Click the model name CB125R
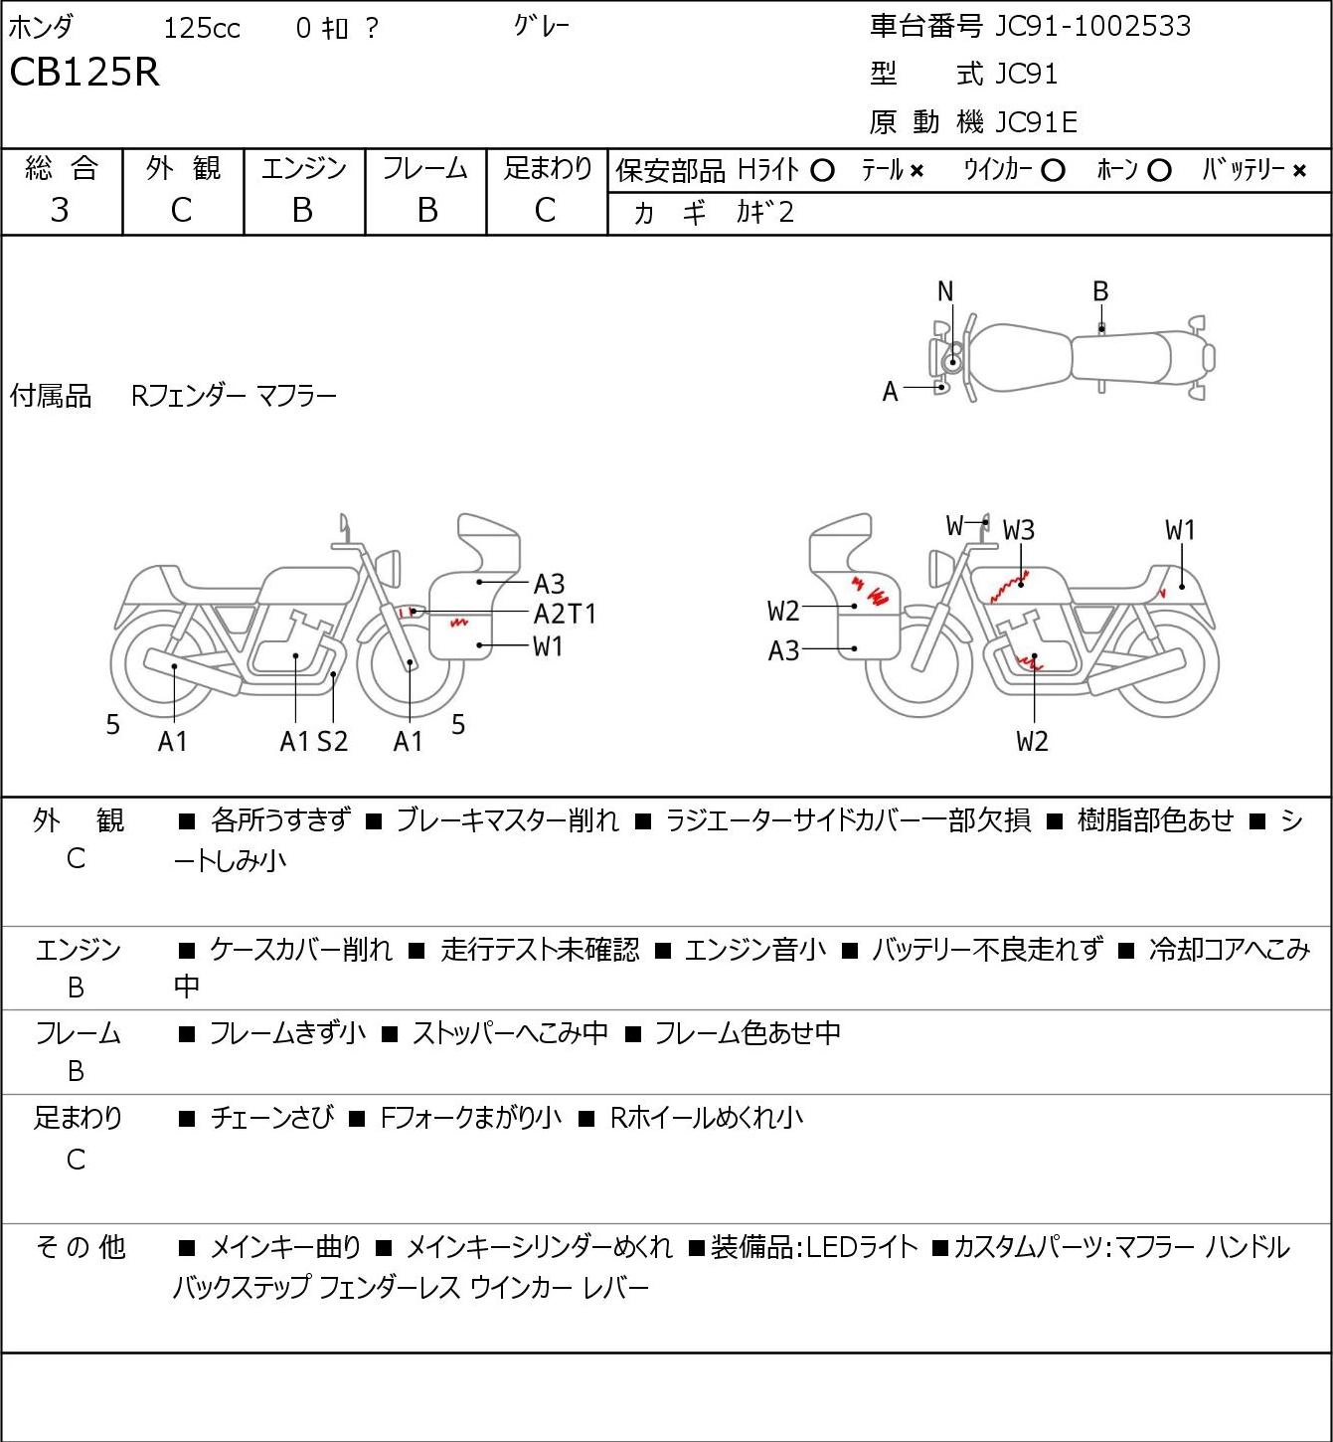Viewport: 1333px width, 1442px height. [84, 72]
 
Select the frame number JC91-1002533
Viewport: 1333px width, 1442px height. [1092, 27]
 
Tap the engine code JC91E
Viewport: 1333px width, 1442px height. [1036, 122]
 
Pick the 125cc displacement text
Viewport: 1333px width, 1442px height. [202, 28]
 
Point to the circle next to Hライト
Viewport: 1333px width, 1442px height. [822, 171]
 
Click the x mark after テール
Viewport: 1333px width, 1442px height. [916, 171]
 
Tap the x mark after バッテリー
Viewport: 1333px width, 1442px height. [1299, 171]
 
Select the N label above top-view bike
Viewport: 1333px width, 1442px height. [944, 291]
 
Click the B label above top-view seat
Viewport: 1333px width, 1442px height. [1100, 291]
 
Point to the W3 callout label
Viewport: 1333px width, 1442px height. [1019, 530]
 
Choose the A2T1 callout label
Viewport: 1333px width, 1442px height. [565, 615]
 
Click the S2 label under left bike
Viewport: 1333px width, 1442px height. [333, 741]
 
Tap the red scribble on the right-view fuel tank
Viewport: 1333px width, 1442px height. [1009, 588]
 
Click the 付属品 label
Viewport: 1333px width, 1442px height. [50, 397]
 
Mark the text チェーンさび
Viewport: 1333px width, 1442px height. [271, 1118]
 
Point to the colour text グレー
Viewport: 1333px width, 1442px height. [542, 27]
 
